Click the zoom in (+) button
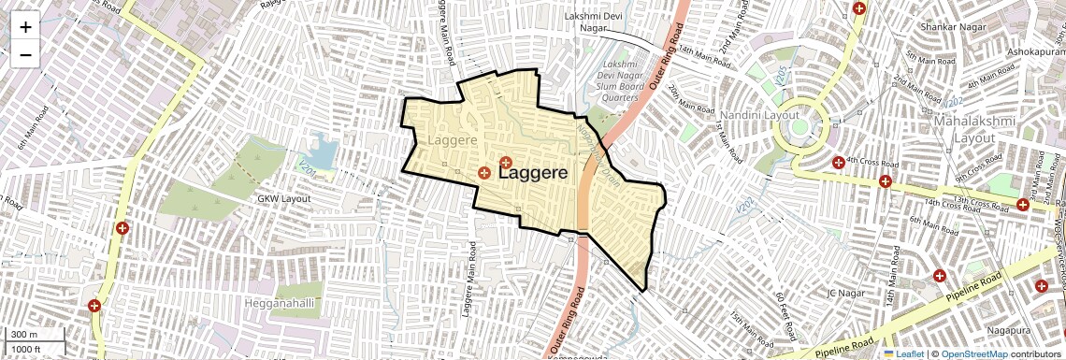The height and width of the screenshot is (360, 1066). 25,27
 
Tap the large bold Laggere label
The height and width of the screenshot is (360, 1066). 546,173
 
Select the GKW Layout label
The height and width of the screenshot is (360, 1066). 283,199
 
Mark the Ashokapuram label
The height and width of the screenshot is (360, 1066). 1034,52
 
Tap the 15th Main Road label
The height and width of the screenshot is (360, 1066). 749,329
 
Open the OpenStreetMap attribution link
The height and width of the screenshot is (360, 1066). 973,353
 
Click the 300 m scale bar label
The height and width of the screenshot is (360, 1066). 25,334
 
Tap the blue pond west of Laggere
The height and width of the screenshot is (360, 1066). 323,151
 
